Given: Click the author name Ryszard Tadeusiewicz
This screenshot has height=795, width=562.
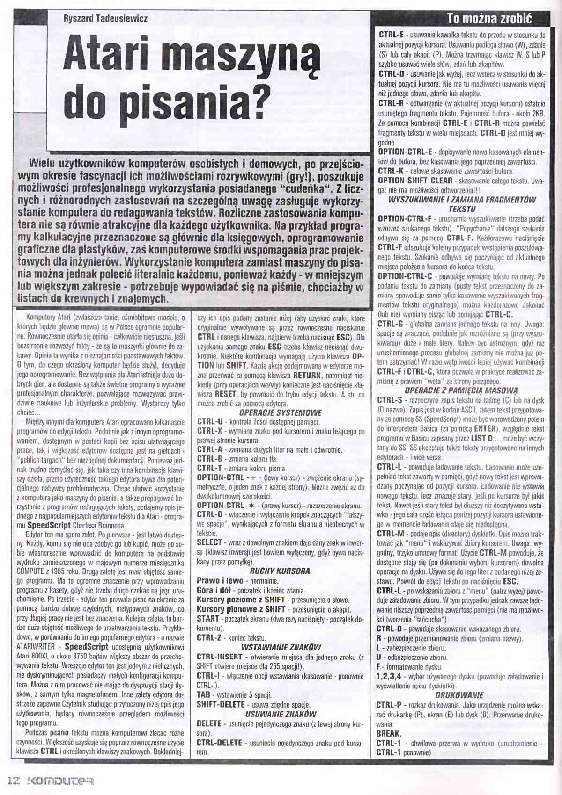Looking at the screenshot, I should (x=105, y=19).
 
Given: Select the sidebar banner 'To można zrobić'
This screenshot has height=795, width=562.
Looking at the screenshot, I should (x=489, y=18).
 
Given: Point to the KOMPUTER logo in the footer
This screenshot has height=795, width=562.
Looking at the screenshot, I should (x=61, y=781).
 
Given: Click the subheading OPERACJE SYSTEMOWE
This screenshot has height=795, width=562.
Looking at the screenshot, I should (x=280, y=412).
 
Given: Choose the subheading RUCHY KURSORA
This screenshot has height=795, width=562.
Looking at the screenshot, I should (x=280, y=571).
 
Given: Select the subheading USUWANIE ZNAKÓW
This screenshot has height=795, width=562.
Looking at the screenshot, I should (x=281, y=714).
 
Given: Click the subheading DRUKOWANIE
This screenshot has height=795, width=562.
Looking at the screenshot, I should (x=459, y=695).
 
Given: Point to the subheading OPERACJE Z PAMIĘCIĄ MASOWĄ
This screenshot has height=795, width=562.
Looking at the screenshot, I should (x=461, y=390).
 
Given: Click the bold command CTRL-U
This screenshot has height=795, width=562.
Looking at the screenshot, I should (x=210, y=422).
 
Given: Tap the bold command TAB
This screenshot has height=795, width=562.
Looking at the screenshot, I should (x=204, y=695).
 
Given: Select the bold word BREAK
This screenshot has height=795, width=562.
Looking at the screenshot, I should (x=389, y=733).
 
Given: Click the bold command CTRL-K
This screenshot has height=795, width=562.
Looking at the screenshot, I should (x=391, y=171).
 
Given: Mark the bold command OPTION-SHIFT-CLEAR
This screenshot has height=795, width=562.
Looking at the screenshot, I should (x=415, y=181).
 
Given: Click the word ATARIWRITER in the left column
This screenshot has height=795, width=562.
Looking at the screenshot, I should (x=36, y=647).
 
